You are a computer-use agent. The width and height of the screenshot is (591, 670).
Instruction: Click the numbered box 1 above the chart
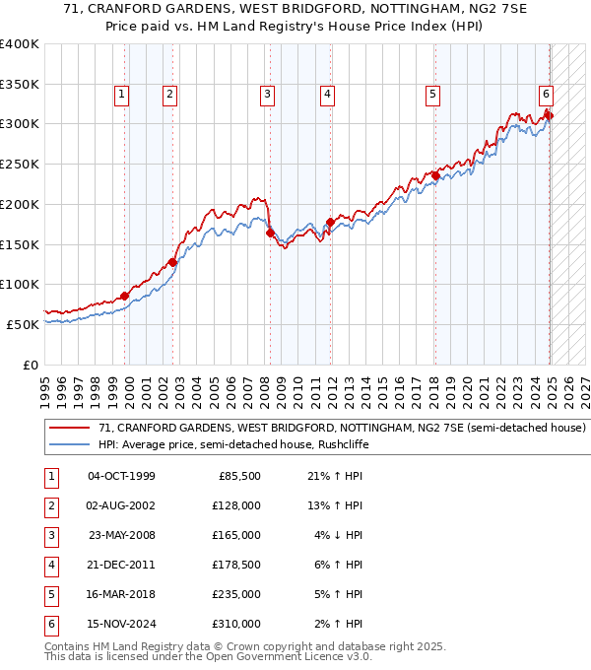click(x=121, y=95)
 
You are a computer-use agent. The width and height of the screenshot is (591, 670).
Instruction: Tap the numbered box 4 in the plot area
click(x=327, y=95)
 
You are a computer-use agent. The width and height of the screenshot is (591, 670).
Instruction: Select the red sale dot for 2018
click(x=434, y=176)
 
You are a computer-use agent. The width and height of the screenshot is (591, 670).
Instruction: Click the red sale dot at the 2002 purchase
click(x=172, y=262)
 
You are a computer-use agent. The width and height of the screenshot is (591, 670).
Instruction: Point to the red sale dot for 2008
click(x=270, y=233)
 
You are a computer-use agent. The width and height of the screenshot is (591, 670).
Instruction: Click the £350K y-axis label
click(x=20, y=84)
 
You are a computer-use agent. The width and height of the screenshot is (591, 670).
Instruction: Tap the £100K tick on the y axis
click(x=20, y=284)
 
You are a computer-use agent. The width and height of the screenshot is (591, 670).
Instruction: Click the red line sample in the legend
click(x=69, y=429)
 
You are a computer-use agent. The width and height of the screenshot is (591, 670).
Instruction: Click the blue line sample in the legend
click(x=69, y=444)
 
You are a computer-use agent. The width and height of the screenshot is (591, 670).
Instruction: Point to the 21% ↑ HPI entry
click(x=335, y=476)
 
